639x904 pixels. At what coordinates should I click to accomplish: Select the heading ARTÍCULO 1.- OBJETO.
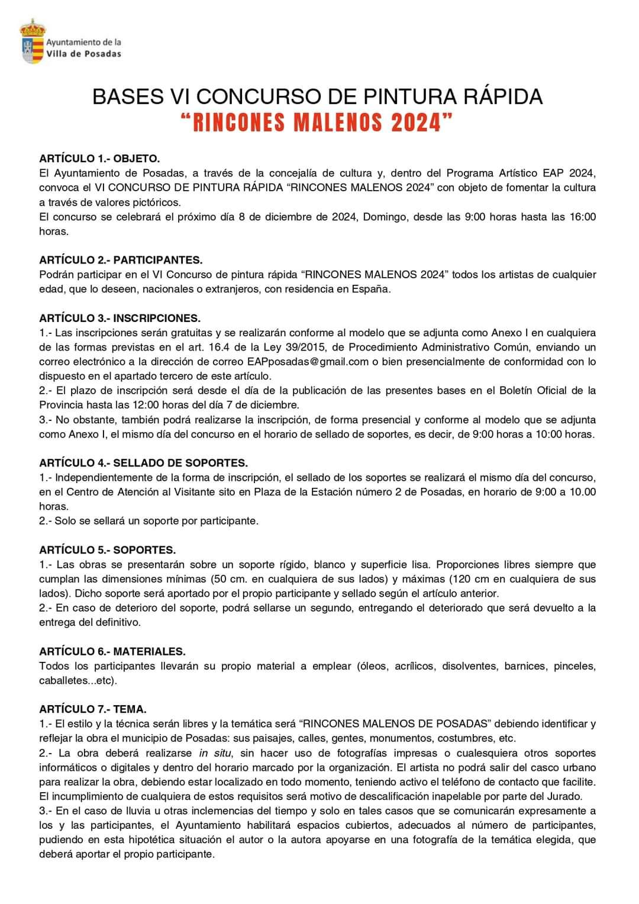(99, 159)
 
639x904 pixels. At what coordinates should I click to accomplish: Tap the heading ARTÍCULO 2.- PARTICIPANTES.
(121, 260)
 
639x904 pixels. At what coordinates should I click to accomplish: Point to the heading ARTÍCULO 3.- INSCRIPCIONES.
(120, 318)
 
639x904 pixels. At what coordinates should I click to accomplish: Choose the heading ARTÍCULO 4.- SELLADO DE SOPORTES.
(143, 463)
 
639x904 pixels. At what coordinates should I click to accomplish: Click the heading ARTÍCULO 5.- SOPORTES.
(107, 550)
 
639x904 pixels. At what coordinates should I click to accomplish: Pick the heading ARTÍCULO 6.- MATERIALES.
(112, 651)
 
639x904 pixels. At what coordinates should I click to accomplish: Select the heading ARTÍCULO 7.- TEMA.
(93, 709)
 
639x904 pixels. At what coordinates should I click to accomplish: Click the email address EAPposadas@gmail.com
(305, 362)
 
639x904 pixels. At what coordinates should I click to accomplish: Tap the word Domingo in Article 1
(385, 217)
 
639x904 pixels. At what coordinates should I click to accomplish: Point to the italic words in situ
(212, 753)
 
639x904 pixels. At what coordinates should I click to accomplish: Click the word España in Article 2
(372, 289)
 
